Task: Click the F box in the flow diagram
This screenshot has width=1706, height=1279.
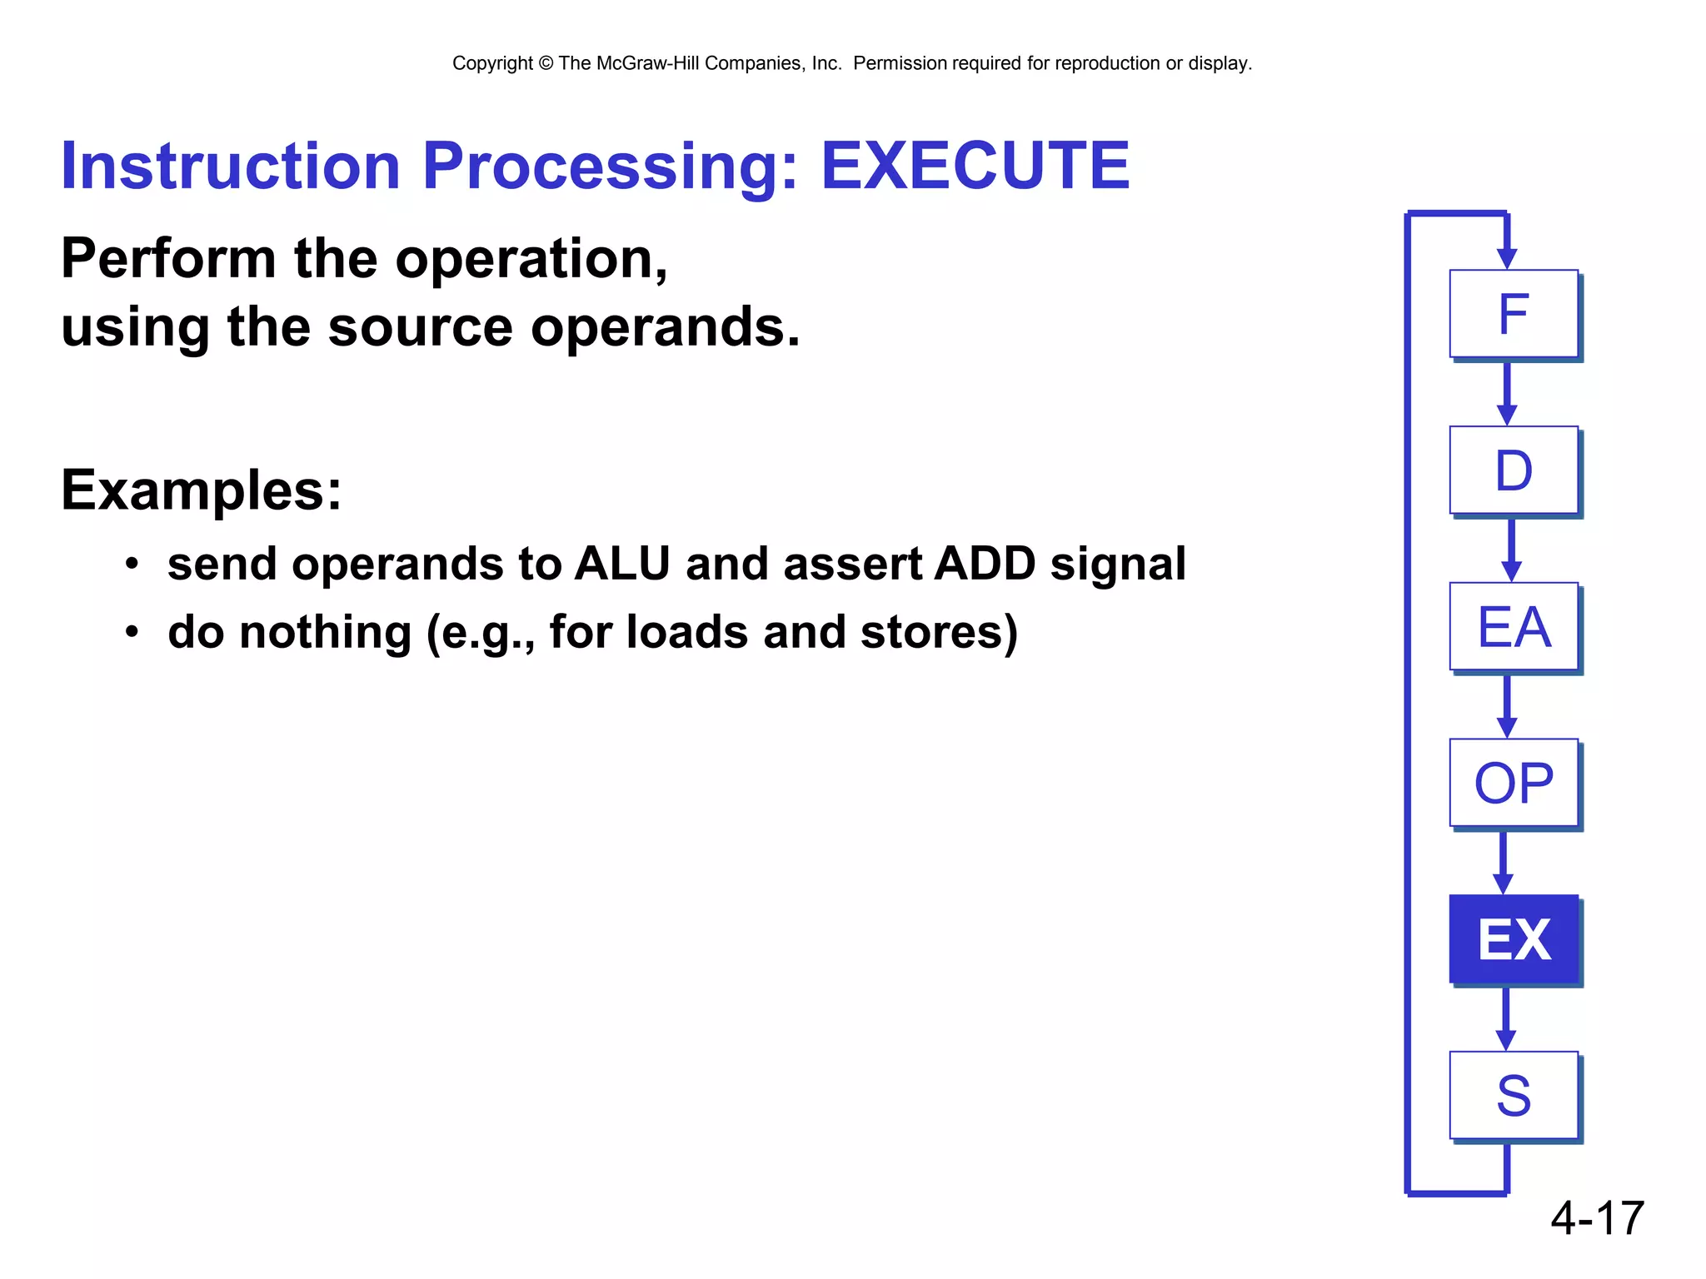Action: [1514, 314]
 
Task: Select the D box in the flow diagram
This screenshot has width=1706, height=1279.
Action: [1514, 470]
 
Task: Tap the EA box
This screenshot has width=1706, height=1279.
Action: [1514, 626]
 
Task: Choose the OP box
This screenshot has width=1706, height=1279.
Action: [1514, 783]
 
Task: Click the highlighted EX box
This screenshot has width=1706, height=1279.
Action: [1514, 939]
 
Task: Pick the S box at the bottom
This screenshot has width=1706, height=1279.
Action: [1514, 1095]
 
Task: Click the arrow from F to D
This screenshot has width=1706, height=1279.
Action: [1506, 392]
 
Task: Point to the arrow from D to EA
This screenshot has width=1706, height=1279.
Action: [1511, 549]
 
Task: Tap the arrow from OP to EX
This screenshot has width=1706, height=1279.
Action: [1503, 861]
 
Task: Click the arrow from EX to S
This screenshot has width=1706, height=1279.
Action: [1505, 1018]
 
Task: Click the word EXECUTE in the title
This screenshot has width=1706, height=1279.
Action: [975, 166]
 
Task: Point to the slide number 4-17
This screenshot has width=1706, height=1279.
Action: [1597, 1218]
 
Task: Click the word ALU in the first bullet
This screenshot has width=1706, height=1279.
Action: [621, 564]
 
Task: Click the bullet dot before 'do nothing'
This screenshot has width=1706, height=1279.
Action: [132, 633]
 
